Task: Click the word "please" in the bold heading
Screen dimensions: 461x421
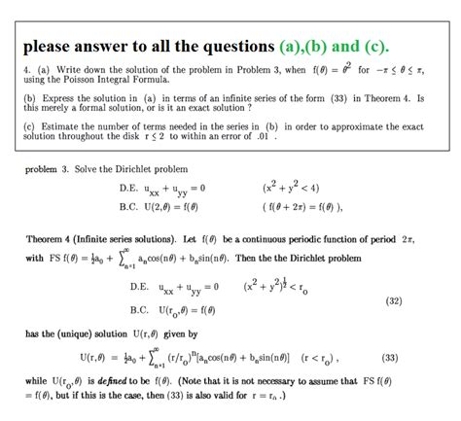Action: click(51, 46)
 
